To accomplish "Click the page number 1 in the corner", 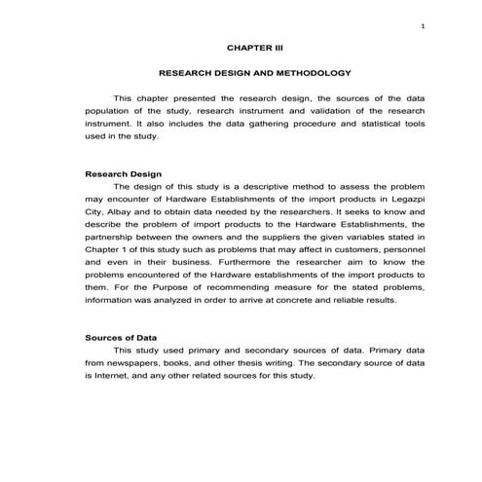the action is tap(422, 25).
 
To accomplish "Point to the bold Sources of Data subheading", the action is tap(123, 337).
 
